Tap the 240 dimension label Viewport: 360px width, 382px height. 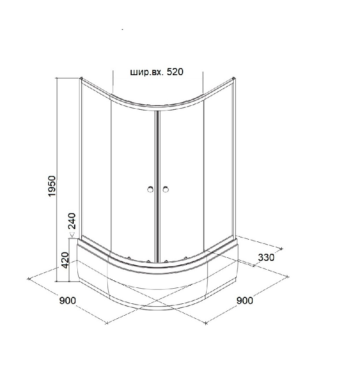pyautogui.click(x=72, y=221)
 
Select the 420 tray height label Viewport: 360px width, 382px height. pyautogui.click(x=65, y=260)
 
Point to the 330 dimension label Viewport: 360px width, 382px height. pyautogui.click(x=266, y=257)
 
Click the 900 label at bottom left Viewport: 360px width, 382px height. pyautogui.click(x=68, y=301)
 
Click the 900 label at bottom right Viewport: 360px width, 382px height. pyautogui.click(x=245, y=301)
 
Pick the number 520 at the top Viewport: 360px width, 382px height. pyautogui.click(x=175, y=72)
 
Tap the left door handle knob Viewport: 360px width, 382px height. pyautogui.click(x=151, y=189)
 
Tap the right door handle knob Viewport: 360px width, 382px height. pyautogui.click(x=166, y=189)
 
